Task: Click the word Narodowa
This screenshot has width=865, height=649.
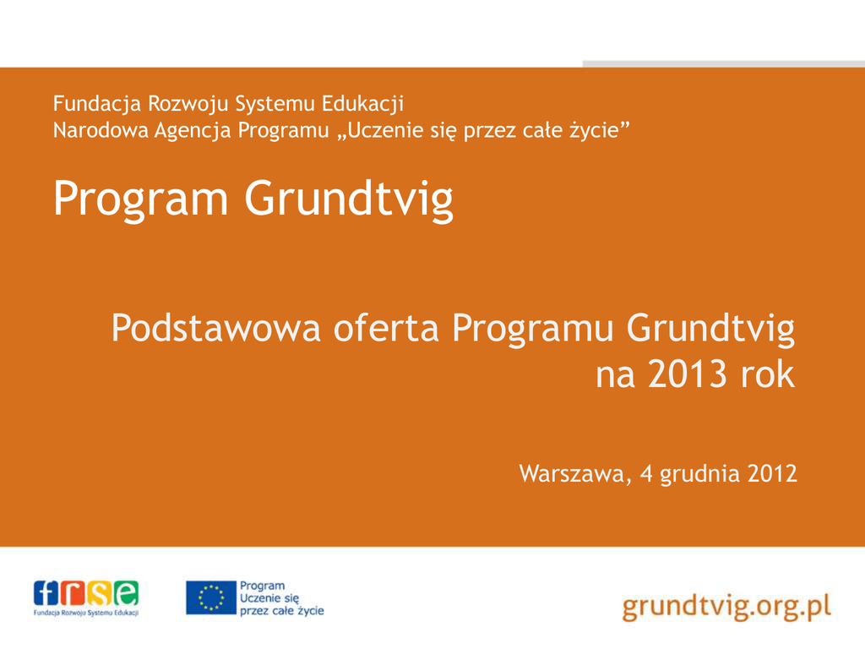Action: pyautogui.click(x=101, y=130)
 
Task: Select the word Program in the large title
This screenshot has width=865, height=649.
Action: pyautogui.click(x=141, y=199)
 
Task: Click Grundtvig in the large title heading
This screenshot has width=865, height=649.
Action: pyautogui.click(x=349, y=199)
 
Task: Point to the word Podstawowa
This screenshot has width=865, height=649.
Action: pyautogui.click(x=215, y=328)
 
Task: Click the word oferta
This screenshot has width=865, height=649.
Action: pyautogui.click(x=386, y=328)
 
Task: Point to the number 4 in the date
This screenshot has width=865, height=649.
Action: pyautogui.click(x=646, y=474)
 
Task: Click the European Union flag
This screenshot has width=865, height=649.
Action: pyautogui.click(x=210, y=597)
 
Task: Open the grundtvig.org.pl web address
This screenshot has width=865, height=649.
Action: pyautogui.click(x=726, y=607)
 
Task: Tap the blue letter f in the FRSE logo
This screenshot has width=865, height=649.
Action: pyautogui.click(x=46, y=593)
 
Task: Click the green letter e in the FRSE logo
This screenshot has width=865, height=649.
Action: pyautogui.click(x=127, y=593)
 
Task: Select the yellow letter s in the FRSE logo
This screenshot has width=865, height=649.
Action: pyautogui.click(x=100, y=593)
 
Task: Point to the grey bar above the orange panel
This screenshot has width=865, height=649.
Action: pyautogui.click(x=724, y=64)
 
